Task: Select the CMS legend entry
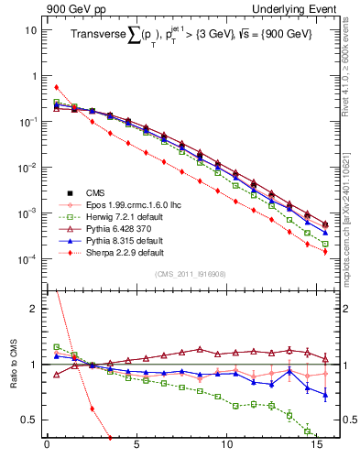click(x=96, y=193)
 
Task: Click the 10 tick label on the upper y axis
click(x=31, y=30)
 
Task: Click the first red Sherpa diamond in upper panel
click(x=57, y=87)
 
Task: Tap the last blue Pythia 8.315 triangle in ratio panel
click(x=325, y=396)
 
